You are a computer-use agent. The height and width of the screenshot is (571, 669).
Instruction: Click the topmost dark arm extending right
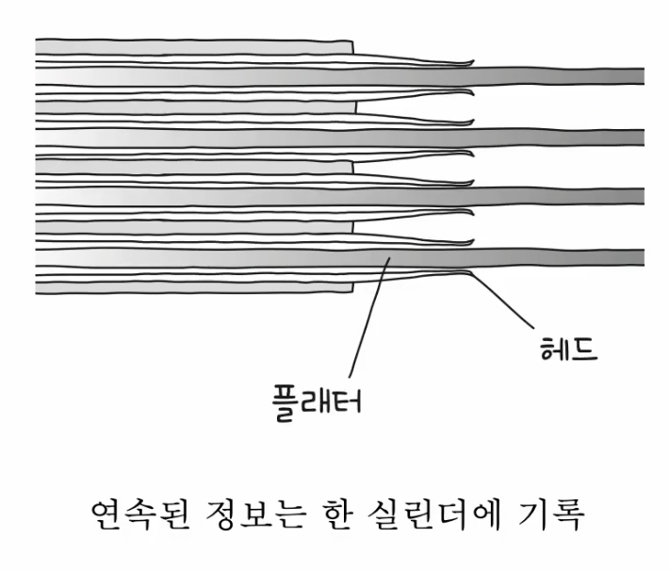[x=565, y=76]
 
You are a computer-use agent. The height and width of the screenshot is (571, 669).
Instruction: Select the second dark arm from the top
[x=565, y=136]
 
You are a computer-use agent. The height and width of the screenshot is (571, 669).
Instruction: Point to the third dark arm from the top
[x=565, y=195]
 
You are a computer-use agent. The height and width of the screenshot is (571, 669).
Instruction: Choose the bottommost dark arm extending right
[x=565, y=256]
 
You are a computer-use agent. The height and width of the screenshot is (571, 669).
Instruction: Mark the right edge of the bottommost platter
[x=351, y=284]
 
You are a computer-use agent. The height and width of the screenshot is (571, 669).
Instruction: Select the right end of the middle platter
[x=351, y=166]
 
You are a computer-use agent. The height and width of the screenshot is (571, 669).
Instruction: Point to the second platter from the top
[x=188, y=106]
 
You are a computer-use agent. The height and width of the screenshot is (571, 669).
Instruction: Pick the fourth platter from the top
[x=188, y=225]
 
